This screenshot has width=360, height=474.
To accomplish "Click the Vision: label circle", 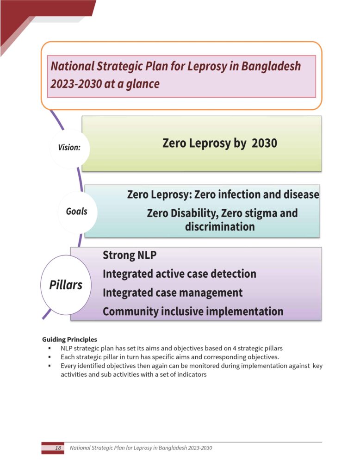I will click(69, 148).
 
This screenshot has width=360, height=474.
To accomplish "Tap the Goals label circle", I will click(76, 212).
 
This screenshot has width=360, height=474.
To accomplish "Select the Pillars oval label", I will click(66, 285).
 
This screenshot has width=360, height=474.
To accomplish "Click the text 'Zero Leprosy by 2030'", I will click(220, 143).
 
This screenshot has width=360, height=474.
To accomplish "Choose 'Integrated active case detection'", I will click(179, 274).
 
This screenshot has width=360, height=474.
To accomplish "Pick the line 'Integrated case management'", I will click(172, 293).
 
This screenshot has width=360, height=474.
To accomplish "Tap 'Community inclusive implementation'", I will click(192, 311).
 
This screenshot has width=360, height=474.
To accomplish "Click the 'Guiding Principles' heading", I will click(69, 339).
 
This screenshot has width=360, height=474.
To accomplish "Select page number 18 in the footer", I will click(58, 448).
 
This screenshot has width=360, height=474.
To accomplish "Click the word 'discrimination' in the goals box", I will click(220, 227).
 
